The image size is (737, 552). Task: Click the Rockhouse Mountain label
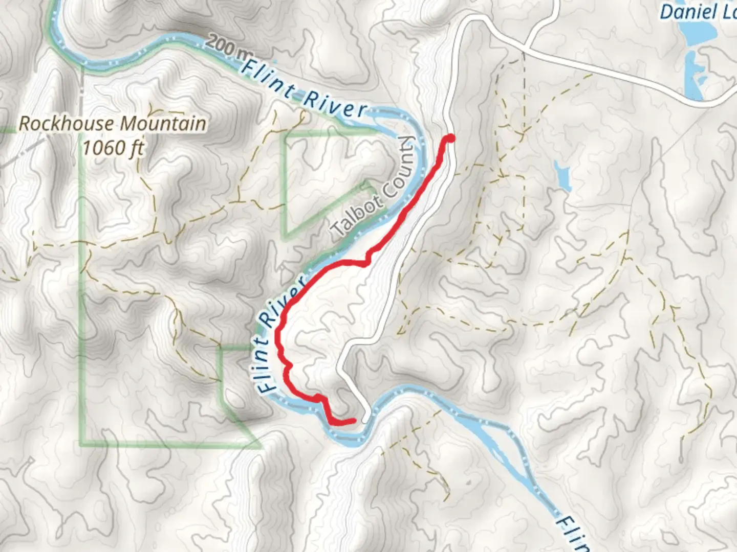coord(113,124)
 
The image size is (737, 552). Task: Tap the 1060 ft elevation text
coord(113,148)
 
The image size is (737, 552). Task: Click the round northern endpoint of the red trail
coord(450,138)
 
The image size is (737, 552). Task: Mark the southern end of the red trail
coord(353,421)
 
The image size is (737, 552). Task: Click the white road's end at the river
coord(365,420)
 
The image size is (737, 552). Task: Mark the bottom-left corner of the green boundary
coord(82,443)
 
